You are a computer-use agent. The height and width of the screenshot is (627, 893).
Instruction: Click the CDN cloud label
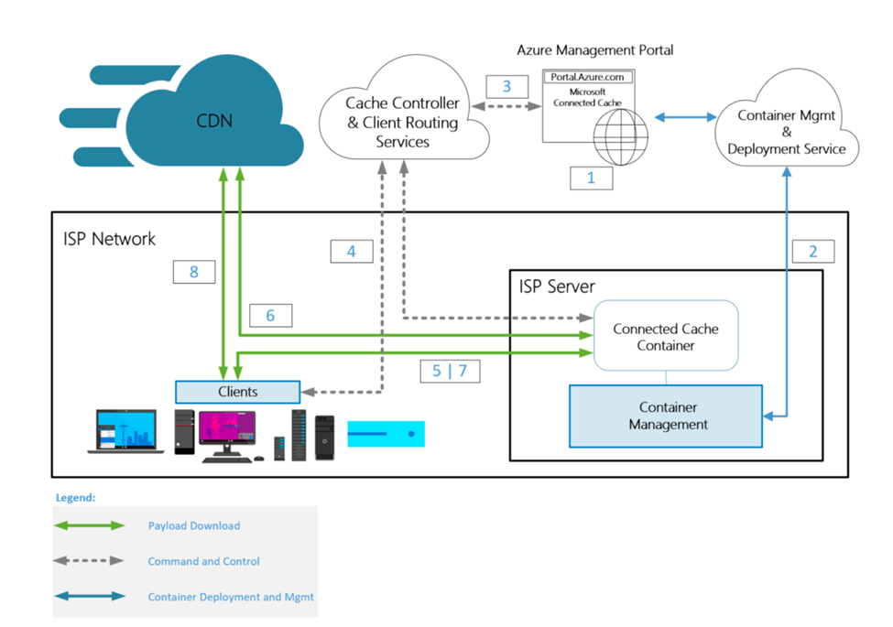coord(214,121)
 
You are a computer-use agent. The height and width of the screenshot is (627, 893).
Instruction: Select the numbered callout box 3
coord(506,86)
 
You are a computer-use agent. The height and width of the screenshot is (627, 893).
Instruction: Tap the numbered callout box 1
coord(591,178)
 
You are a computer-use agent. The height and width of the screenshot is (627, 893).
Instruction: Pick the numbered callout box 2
coord(813,251)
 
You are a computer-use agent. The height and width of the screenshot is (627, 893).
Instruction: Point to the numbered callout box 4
coord(352,251)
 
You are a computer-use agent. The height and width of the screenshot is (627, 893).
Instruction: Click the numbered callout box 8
coord(194,272)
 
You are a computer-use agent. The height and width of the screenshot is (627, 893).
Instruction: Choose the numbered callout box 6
coord(270,315)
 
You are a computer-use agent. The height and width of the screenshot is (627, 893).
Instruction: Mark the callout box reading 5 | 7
coord(450,371)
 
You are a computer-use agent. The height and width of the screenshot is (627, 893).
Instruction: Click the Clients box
coord(237,392)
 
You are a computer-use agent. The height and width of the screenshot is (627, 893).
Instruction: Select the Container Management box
coord(666,416)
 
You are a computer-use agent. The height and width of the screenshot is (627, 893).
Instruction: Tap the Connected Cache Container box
coord(666,336)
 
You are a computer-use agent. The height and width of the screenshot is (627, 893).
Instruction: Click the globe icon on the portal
coord(621,137)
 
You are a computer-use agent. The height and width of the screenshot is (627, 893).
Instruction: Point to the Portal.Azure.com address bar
coord(588,77)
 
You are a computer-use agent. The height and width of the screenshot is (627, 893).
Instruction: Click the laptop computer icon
coord(125,431)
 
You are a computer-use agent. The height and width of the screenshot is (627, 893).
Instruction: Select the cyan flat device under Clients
coord(387,434)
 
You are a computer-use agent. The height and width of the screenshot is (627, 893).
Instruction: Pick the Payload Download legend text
coord(194,525)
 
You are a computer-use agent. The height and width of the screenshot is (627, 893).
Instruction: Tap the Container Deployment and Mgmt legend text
coord(231,597)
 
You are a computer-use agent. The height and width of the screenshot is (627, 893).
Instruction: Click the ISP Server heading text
coord(557,286)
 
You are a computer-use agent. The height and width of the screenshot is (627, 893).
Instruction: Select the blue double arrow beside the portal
coord(686,117)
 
